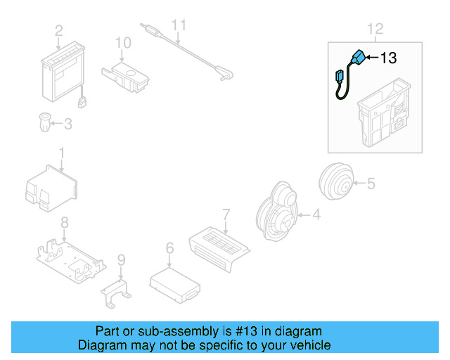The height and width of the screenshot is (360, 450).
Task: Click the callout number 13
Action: pyautogui.click(x=389, y=58)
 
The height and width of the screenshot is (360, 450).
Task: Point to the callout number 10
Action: pyautogui.click(x=123, y=43)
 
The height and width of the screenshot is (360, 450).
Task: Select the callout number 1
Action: pyautogui.click(x=61, y=152)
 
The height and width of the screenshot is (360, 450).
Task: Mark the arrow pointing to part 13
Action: pyautogui.click(x=373, y=58)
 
